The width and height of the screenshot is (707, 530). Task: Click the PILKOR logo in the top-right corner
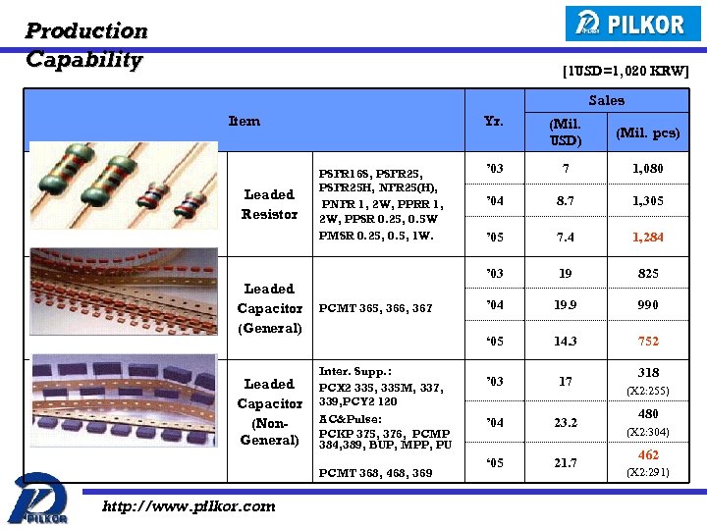(632, 24)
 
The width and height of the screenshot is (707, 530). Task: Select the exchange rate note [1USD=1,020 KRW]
(625, 71)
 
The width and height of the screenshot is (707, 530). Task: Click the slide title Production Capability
(86, 45)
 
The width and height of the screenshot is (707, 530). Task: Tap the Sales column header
(606, 100)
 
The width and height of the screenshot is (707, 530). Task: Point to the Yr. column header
(494, 122)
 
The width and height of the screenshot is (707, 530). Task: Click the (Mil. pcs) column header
(647, 132)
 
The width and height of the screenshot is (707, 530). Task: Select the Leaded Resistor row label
(269, 204)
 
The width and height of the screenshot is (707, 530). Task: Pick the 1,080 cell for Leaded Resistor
(647, 169)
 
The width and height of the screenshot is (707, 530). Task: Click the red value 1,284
(647, 238)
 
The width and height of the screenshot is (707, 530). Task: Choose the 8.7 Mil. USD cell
(565, 201)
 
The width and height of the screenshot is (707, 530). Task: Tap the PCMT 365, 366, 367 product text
(375, 308)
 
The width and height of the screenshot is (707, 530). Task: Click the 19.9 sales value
(565, 305)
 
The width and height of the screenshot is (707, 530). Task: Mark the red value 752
(648, 342)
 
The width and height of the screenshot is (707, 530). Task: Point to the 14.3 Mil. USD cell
(565, 342)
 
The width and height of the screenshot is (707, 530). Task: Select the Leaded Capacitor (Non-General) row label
(269, 412)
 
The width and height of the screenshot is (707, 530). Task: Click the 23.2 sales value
(565, 423)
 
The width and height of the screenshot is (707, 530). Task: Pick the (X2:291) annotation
(648, 472)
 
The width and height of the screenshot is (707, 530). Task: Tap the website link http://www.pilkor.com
(189, 506)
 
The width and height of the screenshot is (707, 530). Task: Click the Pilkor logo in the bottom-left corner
(38, 499)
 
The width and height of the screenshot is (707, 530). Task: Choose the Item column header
(244, 122)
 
